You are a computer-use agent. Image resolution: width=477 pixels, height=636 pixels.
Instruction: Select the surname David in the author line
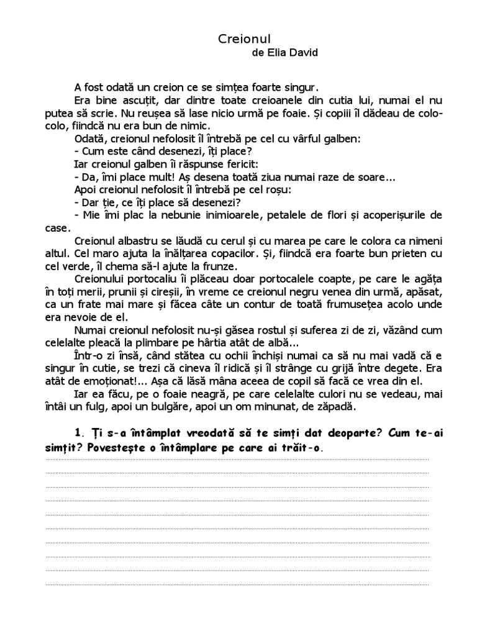302,53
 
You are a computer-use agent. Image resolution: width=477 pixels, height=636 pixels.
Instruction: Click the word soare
374,177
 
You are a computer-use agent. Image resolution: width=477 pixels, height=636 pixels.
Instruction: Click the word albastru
139,241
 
